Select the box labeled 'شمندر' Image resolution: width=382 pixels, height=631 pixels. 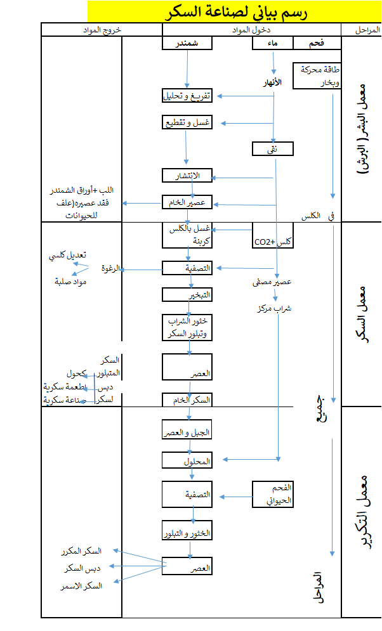click(x=187, y=42)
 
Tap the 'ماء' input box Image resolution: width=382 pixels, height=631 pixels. click(x=273, y=42)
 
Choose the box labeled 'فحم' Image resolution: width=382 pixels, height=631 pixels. click(x=317, y=42)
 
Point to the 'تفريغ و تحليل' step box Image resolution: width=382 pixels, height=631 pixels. click(x=187, y=96)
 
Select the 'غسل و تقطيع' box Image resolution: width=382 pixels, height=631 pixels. click(x=187, y=122)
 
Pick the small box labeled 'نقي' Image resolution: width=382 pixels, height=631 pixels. click(x=273, y=148)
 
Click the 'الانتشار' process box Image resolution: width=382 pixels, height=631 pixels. click(x=187, y=176)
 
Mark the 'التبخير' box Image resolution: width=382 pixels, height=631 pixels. click(x=187, y=295)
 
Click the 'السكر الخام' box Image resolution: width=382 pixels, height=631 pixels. click(x=187, y=400)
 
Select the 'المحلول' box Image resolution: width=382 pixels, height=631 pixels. click(x=187, y=460)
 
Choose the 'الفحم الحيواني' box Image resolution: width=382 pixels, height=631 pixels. click(x=273, y=494)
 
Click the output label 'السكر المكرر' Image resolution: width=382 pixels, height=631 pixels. click(x=84, y=551)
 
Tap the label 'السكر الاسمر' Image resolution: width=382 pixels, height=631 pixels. click(x=84, y=585)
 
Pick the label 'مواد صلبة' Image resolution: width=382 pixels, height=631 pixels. click(x=70, y=281)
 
